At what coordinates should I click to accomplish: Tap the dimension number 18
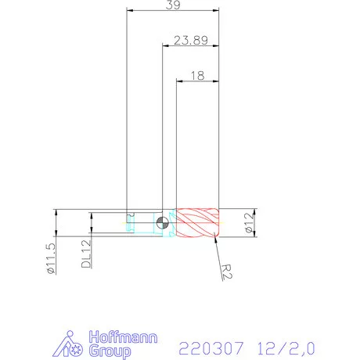pyautogui.click(x=197, y=75)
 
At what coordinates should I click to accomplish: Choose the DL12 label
pyautogui.click(x=86, y=254)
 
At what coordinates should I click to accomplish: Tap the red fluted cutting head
pyautogui.click(x=199, y=223)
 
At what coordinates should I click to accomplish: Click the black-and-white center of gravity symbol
pyautogui.click(x=162, y=222)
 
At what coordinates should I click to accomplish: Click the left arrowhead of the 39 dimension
pyautogui.click(x=130, y=11)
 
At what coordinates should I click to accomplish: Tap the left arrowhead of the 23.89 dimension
pyautogui.click(x=165, y=46)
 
